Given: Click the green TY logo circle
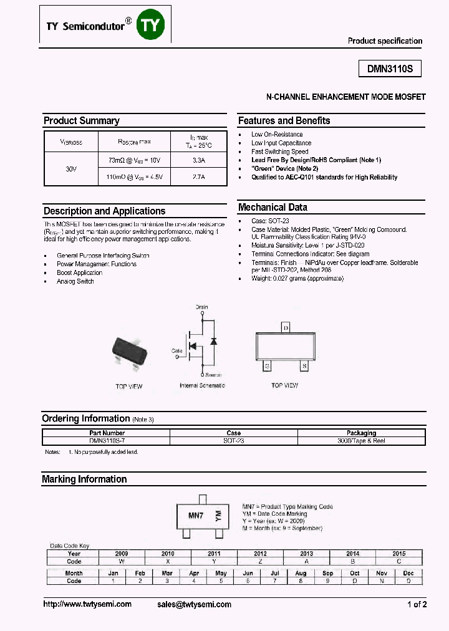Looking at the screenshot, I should click(152, 26).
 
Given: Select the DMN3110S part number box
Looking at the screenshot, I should click(390, 70).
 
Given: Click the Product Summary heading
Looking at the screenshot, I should click(81, 121).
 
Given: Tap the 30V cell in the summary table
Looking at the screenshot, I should click(70, 169).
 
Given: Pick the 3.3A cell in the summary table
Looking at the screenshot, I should click(199, 161).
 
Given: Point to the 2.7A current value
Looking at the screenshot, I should click(199, 178).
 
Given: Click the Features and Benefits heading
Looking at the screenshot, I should click(284, 121).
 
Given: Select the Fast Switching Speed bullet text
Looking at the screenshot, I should click(279, 152).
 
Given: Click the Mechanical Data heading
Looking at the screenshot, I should click(273, 208).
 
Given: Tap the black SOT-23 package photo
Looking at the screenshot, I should click(129, 353).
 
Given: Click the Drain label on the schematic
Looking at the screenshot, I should click(201, 307).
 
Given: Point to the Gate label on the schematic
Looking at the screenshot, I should click(177, 351).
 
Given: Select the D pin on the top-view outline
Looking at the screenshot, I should click(286, 328).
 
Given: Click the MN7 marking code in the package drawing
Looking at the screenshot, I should click(196, 516).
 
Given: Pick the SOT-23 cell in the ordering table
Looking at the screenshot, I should click(234, 441).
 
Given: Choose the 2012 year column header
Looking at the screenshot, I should click(260, 554).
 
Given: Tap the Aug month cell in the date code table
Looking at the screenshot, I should click(301, 573).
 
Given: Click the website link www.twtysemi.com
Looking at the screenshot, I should click(87, 604).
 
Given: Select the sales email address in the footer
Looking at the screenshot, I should click(194, 604).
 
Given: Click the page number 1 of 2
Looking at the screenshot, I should click(417, 604).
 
